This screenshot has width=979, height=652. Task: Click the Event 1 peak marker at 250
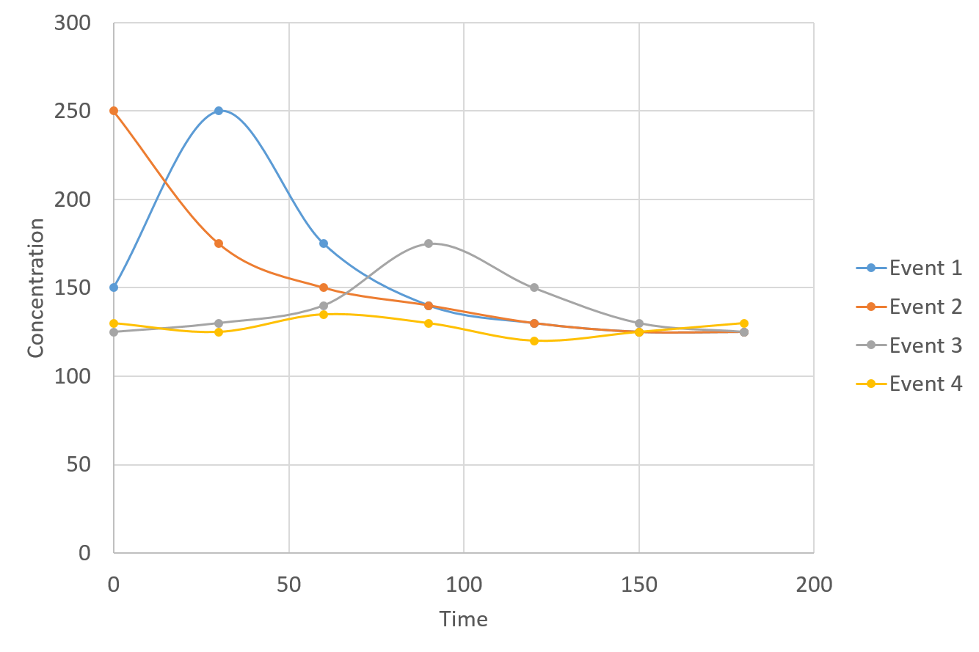pos(219,111)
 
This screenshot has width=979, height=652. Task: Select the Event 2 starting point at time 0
pos(114,111)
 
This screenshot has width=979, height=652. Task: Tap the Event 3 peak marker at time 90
pos(429,243)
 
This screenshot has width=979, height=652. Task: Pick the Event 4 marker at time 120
pos(534,341)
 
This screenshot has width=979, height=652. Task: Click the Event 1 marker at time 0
pos(114,287)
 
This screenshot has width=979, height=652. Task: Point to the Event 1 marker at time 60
pos(324,243)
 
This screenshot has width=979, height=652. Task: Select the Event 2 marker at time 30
pos(219,243)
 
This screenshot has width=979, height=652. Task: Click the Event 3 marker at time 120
pos(534,287)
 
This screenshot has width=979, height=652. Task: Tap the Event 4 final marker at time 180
pos(744,323)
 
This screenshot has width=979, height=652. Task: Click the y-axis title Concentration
pos(36,287)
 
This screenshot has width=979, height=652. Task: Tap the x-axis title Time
pos(464,620)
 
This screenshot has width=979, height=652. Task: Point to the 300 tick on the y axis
pos(73,23)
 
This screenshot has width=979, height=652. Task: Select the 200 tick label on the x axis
pos(814,585)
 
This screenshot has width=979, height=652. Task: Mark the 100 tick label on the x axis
pos(464,585)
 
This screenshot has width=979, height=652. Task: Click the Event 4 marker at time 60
pos(324,314)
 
